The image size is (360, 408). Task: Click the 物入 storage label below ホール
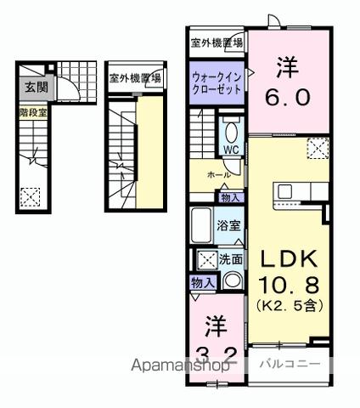pos(230,197)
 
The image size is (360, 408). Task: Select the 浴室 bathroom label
pos(228,225)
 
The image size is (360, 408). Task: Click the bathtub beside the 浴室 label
pos(201,225)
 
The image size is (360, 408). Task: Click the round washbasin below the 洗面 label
pos(230,280)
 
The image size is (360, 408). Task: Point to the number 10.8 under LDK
pos(287,283)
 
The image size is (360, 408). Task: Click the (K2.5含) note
pos(287,303)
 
